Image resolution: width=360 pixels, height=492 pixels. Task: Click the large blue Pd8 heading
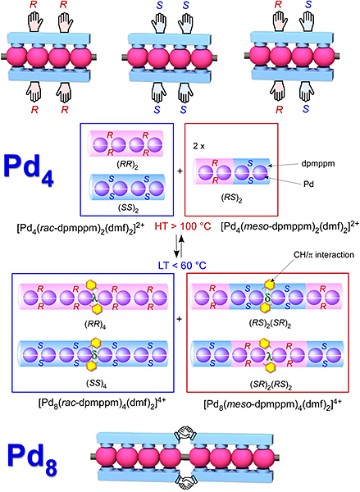pos(33,458)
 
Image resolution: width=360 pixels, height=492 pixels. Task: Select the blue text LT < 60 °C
pos(182,266)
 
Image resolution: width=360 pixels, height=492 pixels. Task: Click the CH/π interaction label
pos(324,255)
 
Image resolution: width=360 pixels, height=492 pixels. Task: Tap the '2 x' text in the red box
pos(199,146)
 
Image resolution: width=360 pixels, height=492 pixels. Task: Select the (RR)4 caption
pos(95,325)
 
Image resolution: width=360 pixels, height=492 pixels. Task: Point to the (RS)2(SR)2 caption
pos(270,324)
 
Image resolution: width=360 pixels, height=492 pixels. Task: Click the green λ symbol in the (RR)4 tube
pos(93,297)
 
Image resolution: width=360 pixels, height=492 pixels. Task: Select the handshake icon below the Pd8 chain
pos(185,481)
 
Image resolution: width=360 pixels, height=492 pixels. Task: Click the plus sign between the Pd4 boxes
pos(180,171)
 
